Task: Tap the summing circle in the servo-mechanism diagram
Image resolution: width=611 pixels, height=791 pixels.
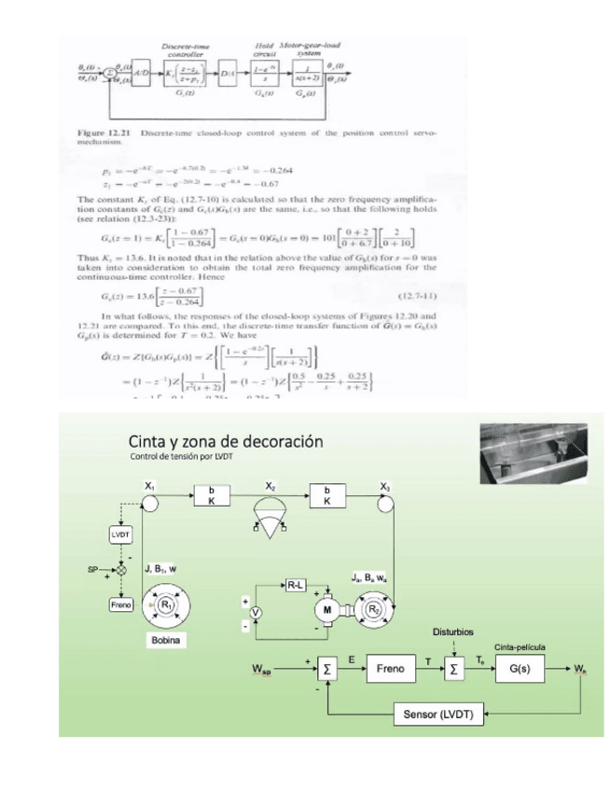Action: (x=110, y=72)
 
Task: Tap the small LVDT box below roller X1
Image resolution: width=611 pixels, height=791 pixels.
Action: (x=120, y=534)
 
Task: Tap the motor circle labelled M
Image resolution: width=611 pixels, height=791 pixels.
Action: (x=327, y=606)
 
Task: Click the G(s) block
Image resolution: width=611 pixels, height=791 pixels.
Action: (x=515, y=669)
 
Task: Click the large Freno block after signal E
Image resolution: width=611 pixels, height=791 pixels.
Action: (x=390, y=669)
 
